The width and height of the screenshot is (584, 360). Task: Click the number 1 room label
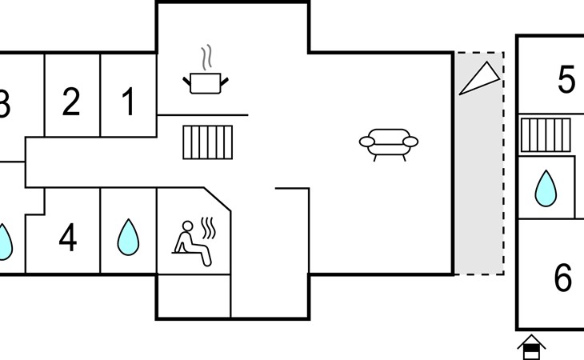coord(128,101)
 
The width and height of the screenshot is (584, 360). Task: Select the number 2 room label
coord(71,101)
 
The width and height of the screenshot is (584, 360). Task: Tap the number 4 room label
coord(68,237)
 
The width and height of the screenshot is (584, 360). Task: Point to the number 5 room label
coord(566,79)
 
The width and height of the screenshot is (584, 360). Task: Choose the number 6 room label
coord(562,277)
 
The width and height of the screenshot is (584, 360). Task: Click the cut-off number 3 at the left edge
coord(5,103)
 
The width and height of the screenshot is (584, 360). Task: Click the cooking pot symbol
coord(206,82)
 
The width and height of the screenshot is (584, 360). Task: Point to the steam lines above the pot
coord(206,58)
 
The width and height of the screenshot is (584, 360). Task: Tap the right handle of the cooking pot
coord(224,82)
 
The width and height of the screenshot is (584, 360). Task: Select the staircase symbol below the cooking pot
coord(208,142)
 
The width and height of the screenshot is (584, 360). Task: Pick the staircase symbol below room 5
coord(546,134)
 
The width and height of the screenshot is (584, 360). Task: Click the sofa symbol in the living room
coord(389,145)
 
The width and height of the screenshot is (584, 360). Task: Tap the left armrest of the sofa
coord(367,142)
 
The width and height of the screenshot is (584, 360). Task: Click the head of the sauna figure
coord(188,226)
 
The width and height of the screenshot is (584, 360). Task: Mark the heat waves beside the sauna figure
coord(208,228)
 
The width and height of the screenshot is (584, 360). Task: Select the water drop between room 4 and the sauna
coord(128,237)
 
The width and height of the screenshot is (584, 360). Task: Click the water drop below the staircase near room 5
coord(546,188)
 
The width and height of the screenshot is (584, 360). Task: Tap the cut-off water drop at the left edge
coord(6,242)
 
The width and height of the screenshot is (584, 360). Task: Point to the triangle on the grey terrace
coord(479,78)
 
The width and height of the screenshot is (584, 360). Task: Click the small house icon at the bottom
coord(531,347)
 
